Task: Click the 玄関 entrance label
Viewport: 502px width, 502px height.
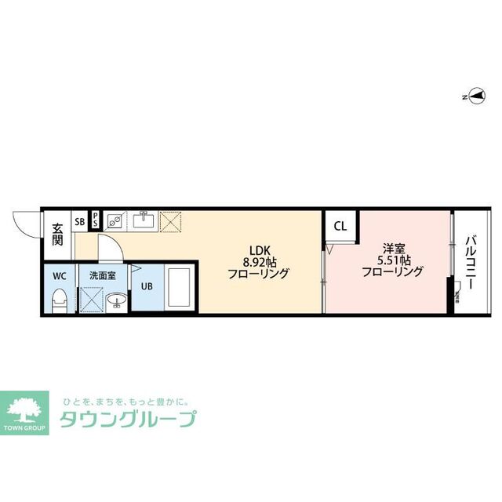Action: tap(58, 235)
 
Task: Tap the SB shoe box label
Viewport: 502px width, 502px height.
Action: tap(80, 222)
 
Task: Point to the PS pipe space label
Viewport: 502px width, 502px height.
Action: tap(96, 220)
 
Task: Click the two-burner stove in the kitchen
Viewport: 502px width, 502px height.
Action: tap(115, 221)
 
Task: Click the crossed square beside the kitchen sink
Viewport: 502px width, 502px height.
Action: tap(170, 222)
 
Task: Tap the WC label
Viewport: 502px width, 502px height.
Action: tap(59, 276)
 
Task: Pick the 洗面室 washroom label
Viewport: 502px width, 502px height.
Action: tap(103, 276)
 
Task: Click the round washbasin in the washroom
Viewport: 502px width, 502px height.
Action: tap(116, 300)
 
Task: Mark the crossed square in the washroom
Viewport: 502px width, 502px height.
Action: tap(92, 300)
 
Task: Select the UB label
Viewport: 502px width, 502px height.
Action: tap(147, 286)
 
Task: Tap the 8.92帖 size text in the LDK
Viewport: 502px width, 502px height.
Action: tap(258, 261)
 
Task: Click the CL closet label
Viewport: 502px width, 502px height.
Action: tap(340, 227)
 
